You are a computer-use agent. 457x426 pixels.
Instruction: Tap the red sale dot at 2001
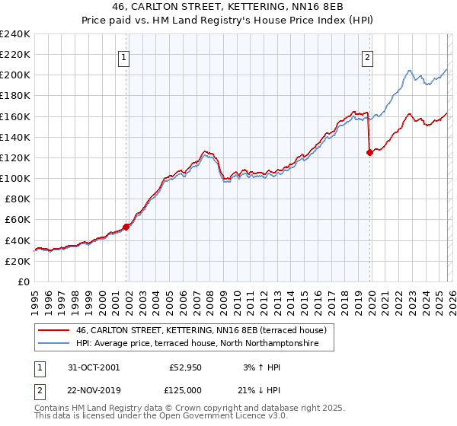pyautogui.click(x=126, y=226)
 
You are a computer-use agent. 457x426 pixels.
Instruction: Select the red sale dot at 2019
pyautogui.click(x=369, y=152)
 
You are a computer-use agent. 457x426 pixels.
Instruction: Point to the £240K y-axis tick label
pyautogui.click(x=15, y=34)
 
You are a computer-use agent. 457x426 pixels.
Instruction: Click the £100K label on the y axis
pyautogui.click(x=15, y=178)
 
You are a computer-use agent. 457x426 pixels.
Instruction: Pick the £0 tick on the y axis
pyautogui.click(x=24, y=281)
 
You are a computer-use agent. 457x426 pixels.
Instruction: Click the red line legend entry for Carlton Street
pyautogui.click(x=201, y=330)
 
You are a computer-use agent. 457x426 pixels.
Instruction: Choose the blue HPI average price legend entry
pyautogui.click(x=205, y=344)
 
